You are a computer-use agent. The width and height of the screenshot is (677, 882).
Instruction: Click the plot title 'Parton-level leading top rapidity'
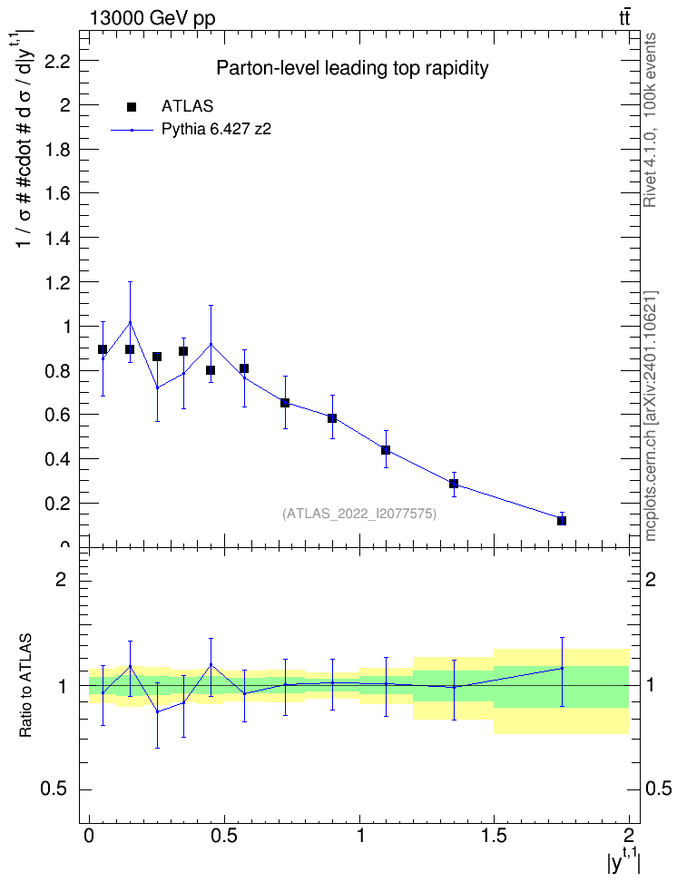point(352,68)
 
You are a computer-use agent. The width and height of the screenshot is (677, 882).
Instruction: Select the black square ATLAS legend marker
point(132,106)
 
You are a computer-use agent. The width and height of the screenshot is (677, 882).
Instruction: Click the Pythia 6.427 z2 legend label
point(216,130)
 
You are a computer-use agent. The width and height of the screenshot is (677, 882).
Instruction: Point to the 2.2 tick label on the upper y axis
point(57,61)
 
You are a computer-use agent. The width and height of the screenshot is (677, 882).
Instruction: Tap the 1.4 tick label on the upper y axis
point(57,238)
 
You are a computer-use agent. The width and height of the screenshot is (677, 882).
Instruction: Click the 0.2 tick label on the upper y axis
point(57,504)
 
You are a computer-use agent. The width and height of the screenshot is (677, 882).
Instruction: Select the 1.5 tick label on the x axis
point(494,835)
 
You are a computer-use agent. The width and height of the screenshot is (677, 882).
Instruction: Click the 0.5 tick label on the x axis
point(224,835)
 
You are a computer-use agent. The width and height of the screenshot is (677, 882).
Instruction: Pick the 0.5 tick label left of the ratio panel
point(54,789)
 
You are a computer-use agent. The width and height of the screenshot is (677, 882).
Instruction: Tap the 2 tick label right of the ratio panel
point(651,579)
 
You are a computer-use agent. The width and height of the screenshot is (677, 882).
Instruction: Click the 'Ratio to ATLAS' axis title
point(25,686)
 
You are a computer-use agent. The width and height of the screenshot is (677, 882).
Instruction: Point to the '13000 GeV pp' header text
point(152,18)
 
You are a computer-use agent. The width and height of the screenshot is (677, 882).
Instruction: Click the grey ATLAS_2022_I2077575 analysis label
point(359,514)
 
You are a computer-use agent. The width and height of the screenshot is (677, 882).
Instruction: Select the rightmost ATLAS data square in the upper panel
point(562,521)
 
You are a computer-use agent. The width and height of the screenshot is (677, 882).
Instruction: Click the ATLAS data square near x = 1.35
point(454,483)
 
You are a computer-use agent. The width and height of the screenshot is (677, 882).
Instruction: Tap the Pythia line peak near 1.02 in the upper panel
point(130,322)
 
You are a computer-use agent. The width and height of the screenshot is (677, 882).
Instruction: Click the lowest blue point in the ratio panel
point(158,711)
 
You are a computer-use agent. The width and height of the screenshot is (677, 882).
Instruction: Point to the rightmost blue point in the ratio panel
point(562,668)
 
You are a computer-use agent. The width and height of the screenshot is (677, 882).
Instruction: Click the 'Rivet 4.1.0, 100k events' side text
point(650,120)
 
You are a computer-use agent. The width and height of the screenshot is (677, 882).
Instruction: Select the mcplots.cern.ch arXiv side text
point(650,416)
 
